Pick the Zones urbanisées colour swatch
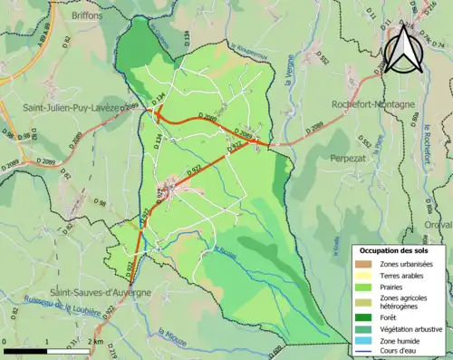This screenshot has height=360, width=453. pos(362,264)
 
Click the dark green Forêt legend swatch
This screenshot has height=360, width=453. pos(362,316)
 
